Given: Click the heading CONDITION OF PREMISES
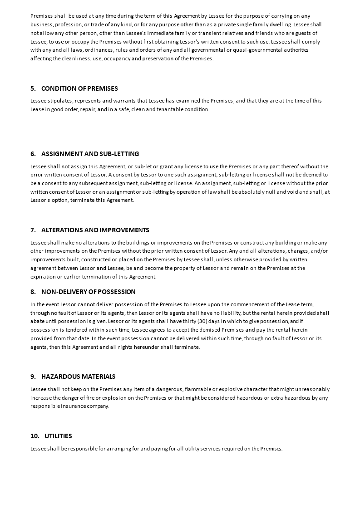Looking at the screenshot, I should (79, 88).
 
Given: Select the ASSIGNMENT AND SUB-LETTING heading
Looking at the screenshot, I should (90, 154).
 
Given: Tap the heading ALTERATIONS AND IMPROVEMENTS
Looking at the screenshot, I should (95, 230).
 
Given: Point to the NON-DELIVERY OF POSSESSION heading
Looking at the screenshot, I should (88, 292).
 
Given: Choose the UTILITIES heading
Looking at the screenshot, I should (58, 436).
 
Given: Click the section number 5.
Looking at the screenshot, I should (33, 88).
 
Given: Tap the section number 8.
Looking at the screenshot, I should (33, 292).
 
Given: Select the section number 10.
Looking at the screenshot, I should (35, 436).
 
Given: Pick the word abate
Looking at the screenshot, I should (38, 321).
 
